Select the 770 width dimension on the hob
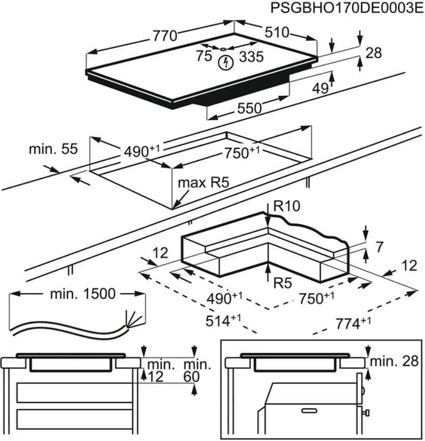165,36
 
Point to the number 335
250,56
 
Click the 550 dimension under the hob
249,108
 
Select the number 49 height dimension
320,88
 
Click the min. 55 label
53,149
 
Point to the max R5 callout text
203,183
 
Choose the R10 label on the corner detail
288,207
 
